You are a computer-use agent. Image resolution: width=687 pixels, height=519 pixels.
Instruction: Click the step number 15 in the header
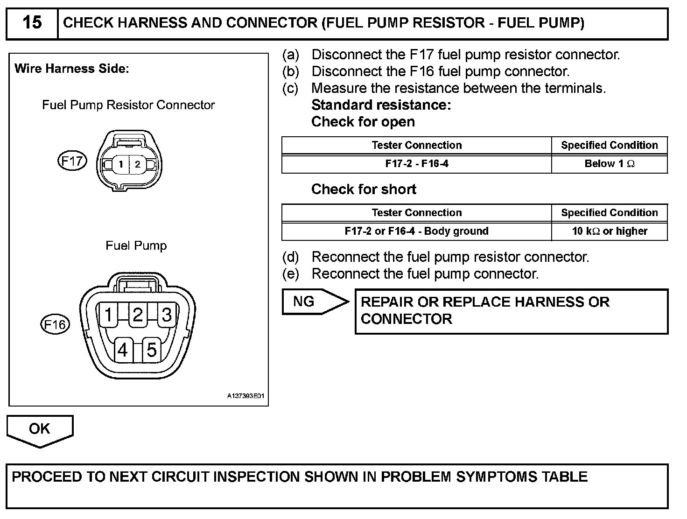click(32, 22)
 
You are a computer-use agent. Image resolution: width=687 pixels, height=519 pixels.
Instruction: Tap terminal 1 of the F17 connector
click(121, 164)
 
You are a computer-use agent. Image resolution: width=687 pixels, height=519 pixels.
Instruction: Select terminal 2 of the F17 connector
click(137, 164)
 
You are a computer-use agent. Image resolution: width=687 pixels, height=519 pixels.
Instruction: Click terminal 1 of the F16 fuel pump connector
click(109, 315)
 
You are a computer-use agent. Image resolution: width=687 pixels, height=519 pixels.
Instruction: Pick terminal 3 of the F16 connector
click(167, 315)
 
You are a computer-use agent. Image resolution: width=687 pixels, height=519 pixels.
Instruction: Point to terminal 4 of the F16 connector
click(123, 350)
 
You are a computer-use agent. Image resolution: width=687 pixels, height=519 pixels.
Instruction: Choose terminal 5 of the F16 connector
click(152, 350)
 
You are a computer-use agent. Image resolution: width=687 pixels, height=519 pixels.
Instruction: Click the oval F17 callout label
click(72, 161)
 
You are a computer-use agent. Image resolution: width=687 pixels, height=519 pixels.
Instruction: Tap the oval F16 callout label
click(55, 324)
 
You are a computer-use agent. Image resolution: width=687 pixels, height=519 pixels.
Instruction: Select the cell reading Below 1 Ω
click(610, 164)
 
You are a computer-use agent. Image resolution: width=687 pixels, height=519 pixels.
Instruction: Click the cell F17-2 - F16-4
click(417, 164)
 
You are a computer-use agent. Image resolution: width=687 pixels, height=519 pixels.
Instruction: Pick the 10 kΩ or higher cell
click(610, 231)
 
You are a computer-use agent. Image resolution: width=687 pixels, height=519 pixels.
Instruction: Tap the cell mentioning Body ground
click(417, 231)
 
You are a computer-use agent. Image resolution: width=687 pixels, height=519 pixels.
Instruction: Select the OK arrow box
click(40, 429)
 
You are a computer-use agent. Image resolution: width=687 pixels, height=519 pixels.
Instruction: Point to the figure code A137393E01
click(246, 396)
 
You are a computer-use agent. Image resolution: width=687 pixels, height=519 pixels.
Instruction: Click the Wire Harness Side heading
click(71, 69)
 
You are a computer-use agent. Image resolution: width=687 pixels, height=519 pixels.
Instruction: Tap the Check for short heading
click(364, 189)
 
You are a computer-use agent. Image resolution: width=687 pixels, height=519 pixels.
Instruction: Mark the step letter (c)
click(290, 88)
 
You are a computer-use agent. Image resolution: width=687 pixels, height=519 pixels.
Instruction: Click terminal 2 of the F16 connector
click(138, 315)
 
